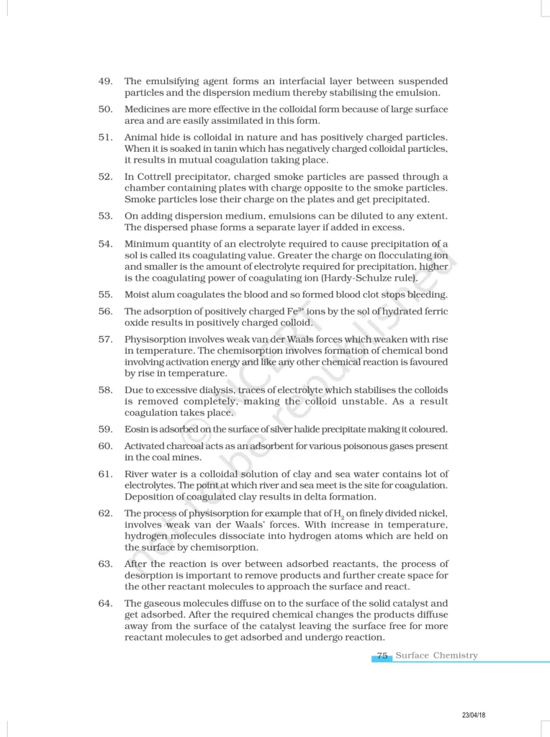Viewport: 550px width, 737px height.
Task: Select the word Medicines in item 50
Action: coord(147,109)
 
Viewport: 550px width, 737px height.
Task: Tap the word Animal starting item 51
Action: coord(141,137)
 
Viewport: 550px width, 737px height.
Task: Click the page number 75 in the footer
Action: coord(382,656)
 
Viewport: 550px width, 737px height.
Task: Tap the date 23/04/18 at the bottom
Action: coord(473,715)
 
